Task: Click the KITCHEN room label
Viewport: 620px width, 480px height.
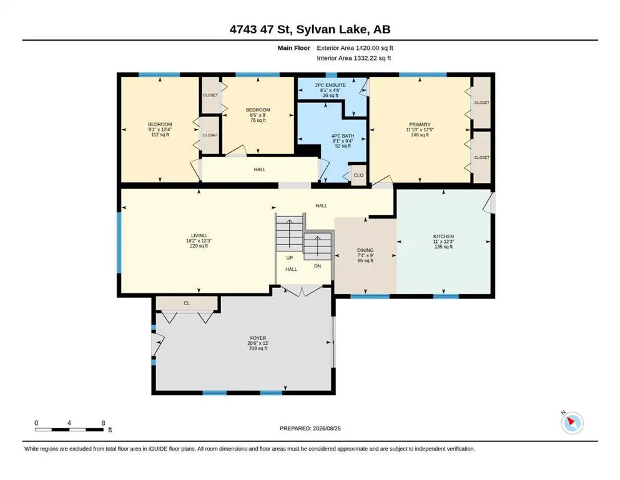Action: (x=443, y=236)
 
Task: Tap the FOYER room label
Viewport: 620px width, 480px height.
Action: (x=258, y=338)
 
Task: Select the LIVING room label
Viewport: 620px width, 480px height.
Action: (x=199, y=236)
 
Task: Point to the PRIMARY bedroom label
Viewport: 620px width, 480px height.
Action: (x=420, y=124)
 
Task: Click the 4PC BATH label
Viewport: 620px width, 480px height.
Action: (x=343, y=136)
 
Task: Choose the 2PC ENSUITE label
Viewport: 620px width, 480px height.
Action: (x=330, y=85)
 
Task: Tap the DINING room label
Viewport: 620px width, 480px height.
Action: (x=365, y=250)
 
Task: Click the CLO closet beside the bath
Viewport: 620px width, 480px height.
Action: (x=358, y=175)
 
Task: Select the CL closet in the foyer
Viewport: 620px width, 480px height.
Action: (x=187, y=303)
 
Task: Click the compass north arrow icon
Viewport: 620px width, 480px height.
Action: (x=572, y=422)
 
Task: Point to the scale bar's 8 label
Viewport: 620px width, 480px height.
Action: (x=103, y=423)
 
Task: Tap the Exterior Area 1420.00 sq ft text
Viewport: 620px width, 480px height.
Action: (x=355, y=48)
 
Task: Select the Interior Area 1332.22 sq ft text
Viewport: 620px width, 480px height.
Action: (x=354, y=58)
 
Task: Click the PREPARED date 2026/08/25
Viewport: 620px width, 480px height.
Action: (x=327, y=428)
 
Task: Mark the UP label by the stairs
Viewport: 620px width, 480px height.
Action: (x=290, y=258)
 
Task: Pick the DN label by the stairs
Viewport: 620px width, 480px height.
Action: (x=318, y=266)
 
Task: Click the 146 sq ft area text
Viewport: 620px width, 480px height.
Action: (x=420, y=135)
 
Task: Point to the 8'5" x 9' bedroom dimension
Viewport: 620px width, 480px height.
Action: (x=258, y=115)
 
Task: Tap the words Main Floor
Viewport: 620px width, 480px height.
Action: (x=294, y=48)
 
